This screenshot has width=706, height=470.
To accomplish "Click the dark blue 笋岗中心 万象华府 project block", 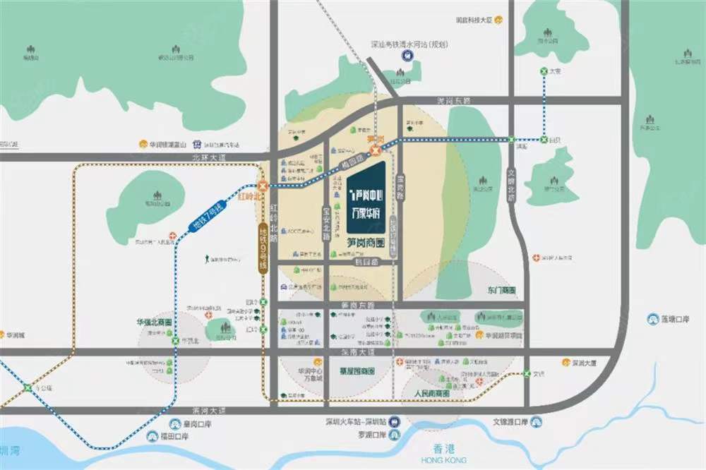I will (366, 199).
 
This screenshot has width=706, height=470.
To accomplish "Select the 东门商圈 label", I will (501, 290).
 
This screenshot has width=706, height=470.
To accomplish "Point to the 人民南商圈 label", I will (432, 393).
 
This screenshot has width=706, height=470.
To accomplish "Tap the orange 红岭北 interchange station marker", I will (263, 186).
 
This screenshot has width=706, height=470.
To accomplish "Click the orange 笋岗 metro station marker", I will (376, 150).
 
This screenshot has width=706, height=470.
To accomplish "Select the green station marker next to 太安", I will (544, 71).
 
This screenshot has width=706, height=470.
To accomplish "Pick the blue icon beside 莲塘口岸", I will (652, 319).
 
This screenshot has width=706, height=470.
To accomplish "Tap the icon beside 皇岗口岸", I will (175, 424).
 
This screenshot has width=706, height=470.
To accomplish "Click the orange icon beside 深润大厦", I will (566, 363).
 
